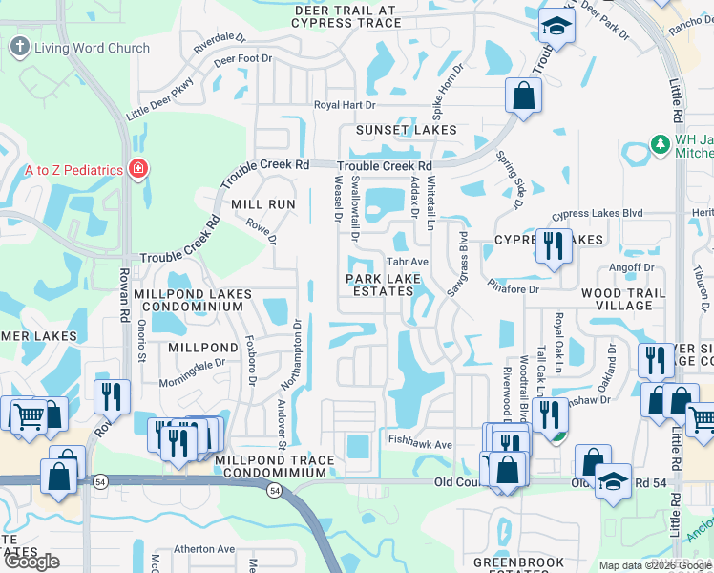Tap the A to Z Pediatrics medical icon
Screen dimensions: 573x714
(x=138, y=170)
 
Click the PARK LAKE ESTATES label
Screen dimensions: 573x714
(x=383, y=285)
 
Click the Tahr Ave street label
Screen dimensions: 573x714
(x=406, y=262)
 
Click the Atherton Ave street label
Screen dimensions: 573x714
(x=203, y=549)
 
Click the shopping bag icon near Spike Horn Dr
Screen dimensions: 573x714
(x=522, y=95)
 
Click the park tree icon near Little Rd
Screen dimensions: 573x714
(x=658, y=144)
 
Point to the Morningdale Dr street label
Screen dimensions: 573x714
(x=194, y=364)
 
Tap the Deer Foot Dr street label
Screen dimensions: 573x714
(x=242, y=59)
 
